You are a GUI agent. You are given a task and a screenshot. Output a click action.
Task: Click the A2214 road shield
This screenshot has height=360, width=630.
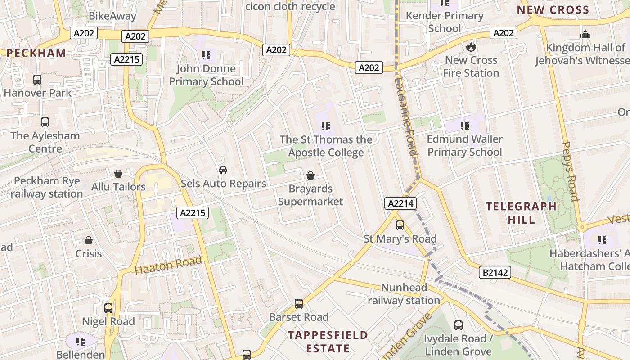400,203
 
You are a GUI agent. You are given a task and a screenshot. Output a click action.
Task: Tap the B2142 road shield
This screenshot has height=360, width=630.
495,272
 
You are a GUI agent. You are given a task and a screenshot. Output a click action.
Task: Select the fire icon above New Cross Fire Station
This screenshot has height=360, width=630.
471,47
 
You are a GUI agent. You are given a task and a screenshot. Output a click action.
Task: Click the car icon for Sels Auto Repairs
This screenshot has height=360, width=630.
223,170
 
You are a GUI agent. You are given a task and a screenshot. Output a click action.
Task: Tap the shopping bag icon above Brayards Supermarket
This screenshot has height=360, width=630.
310,175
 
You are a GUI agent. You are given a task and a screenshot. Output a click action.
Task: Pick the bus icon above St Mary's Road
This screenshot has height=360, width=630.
400,225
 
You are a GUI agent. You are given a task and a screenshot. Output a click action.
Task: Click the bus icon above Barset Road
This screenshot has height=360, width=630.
299,304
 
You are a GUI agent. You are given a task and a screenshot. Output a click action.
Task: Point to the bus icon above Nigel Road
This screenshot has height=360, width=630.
108,308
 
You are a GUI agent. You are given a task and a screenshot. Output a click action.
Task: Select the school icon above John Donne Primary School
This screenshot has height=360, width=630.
206,55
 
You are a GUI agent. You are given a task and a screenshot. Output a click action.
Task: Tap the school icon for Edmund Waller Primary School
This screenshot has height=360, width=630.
464,126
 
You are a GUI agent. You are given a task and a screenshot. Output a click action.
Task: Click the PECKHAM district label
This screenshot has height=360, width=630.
36,53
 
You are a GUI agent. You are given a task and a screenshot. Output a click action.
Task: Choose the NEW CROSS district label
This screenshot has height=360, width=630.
553,10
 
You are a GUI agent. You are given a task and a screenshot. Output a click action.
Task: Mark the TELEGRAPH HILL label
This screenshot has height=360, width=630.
521,213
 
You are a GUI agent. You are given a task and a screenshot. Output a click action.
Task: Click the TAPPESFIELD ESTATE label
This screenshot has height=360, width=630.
328,342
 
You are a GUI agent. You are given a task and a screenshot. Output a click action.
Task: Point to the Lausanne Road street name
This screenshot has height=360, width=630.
405,117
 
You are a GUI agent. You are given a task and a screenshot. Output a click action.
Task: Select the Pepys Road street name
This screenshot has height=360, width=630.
570,171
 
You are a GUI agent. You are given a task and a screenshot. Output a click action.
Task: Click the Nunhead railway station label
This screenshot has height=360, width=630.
404,294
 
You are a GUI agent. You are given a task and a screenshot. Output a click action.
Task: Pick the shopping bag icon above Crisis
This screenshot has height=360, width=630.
89,240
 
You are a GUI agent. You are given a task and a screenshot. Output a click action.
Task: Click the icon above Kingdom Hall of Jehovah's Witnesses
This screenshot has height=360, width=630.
585,34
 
